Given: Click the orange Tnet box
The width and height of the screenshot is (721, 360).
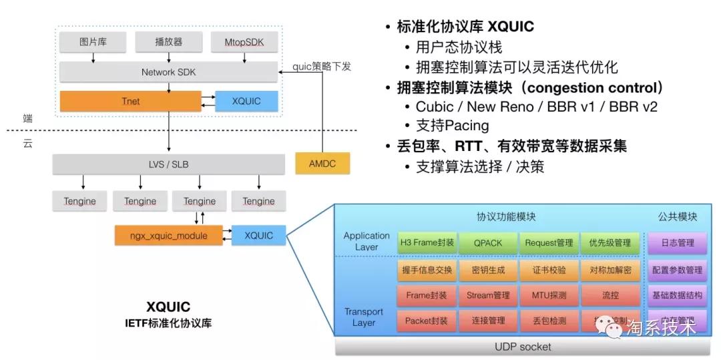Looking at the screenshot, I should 130,101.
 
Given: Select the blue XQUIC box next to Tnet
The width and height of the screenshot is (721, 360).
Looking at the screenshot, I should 246,101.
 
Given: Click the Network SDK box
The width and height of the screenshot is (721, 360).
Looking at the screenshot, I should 168,72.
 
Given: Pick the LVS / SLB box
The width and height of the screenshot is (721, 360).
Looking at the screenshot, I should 168,164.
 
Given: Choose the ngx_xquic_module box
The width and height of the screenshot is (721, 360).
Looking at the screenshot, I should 168,235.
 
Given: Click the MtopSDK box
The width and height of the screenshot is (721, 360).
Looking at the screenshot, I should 244,42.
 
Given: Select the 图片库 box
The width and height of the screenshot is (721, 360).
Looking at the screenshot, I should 93,42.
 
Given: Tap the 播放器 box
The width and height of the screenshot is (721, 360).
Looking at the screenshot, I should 168,42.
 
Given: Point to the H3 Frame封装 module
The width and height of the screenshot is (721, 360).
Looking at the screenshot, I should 425,242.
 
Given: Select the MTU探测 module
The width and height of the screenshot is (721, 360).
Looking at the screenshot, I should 549,295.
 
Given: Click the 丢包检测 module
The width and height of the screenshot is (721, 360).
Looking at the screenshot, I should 549,321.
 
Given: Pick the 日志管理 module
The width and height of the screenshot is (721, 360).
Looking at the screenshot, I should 676,242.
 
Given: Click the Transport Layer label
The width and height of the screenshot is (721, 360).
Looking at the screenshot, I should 364,317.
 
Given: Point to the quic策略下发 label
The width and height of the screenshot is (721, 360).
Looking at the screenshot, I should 322,66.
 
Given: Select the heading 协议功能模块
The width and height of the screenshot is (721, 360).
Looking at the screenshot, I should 506,216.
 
